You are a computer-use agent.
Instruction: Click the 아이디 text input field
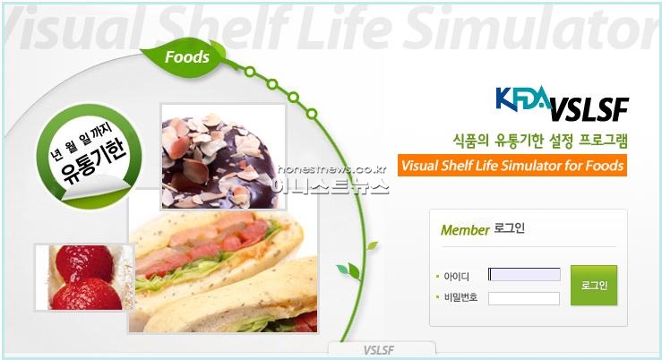coord(524,274)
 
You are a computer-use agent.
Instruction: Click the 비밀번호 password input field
coord(524,298)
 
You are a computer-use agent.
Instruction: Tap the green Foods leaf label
coord(184,58)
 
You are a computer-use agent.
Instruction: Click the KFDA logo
coord(523,99)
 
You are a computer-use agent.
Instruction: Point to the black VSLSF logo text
coord(589,110)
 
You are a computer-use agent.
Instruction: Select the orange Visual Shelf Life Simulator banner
coord(512,165)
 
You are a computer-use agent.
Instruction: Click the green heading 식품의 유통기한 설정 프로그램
coord(540,141)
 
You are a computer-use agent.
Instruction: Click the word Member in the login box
coord(465,230)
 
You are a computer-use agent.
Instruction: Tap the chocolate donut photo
coord(223,157)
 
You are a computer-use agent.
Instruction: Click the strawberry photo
coord(84,278)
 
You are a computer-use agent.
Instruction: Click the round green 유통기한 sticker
coord(89,157)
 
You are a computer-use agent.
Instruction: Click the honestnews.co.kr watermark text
coord(332,169)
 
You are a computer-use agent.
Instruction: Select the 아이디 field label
coord(456,277)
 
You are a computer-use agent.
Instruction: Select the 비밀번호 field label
coord(460,297)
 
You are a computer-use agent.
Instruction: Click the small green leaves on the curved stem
coord(349,271)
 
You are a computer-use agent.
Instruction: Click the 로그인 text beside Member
coord(509,228)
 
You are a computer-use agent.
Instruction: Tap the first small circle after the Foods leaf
coord(250,72)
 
